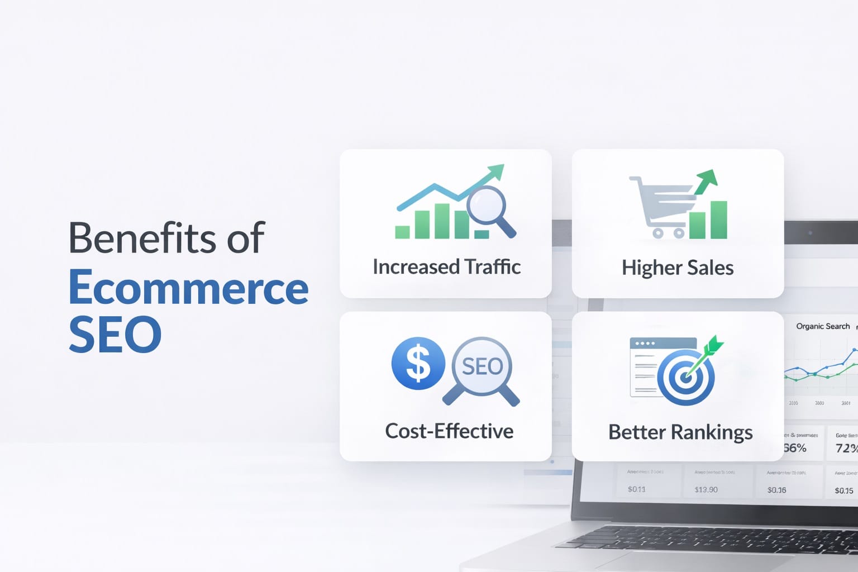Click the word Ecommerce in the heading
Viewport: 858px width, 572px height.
point(188,288)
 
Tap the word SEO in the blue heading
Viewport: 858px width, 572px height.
point(115,334)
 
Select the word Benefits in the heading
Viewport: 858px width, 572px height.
point(142,239)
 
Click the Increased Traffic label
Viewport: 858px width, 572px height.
point(446,267)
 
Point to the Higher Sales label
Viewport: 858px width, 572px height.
point(678,268)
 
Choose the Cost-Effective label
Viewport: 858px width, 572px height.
point(449,431)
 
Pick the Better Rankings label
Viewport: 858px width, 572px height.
point(680,432)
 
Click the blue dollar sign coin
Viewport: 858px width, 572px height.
point(418,364)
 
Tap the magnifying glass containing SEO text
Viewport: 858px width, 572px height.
point(482,367)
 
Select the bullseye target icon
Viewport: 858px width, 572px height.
point(686,378)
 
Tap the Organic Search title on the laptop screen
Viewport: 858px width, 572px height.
point(823,326)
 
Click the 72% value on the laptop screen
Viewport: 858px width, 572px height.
point(846,448)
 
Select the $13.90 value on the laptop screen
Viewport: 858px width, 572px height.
point(706,490)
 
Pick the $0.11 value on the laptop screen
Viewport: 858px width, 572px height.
point(636,489)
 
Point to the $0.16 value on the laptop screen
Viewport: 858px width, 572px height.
point(776,490)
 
